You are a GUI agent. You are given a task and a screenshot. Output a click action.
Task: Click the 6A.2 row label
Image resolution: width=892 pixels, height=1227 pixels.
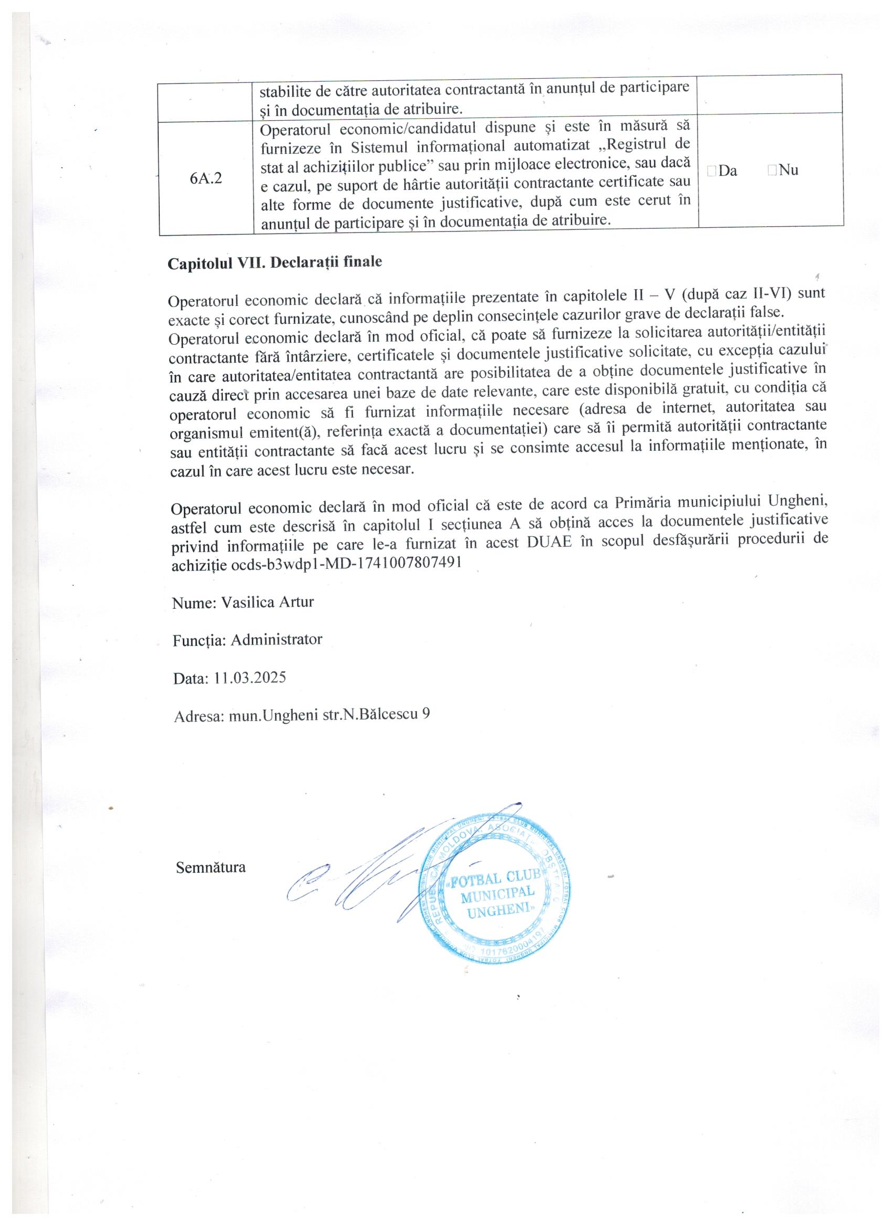coord(206,179)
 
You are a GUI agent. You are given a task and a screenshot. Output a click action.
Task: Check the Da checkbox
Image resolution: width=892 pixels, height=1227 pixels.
coord(711,171)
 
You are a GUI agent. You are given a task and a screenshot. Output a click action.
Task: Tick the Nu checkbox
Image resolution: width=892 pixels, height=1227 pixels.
coord(772,171)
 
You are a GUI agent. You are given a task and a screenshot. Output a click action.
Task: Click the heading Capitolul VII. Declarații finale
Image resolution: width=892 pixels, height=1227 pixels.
coord(275,263)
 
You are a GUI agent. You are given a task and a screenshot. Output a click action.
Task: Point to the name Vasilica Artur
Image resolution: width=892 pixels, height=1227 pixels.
coord(267,602)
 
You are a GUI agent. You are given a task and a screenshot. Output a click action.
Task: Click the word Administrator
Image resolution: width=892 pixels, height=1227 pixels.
coord(277,640)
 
